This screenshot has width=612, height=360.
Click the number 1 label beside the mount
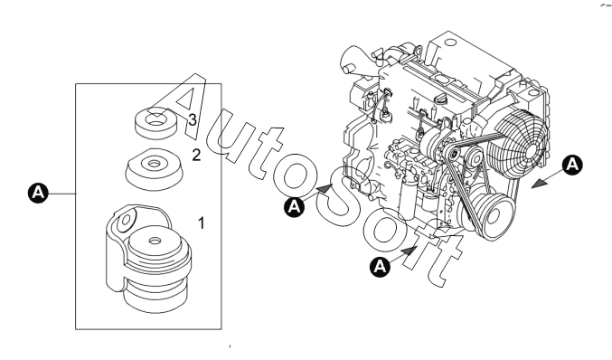201,223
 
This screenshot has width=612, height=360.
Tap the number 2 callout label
196,155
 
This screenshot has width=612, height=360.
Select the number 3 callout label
193,120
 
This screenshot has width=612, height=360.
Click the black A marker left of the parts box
38,193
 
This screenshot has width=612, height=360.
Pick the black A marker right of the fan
572,165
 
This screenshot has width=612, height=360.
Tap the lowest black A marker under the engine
380,267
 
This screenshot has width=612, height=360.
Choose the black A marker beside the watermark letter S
295,206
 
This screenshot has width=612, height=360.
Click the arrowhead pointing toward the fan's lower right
539,184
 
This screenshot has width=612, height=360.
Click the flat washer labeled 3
155,123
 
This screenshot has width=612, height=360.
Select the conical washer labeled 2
155,169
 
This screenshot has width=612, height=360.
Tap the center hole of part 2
155,163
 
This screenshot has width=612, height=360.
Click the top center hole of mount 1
155,240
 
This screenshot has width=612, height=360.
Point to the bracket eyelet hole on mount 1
126,220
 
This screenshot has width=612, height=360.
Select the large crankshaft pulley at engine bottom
492,214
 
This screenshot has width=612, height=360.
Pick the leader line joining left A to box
61,194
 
